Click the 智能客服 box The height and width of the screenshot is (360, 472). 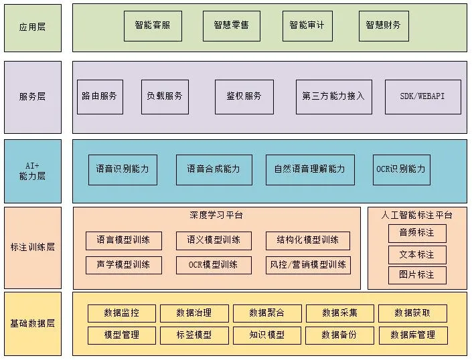(153, 25)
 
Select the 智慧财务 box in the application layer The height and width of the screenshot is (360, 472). (384, 25)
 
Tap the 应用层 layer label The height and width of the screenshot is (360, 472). (32, 27)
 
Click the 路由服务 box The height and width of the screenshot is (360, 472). (100, 96)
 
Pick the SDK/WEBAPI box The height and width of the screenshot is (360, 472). (422, 96)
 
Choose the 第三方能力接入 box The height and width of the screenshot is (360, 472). (333, 96)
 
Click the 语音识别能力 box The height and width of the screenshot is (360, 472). (123, 169)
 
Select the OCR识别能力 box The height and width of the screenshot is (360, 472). (401, 169)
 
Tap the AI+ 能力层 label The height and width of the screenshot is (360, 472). (32, 171)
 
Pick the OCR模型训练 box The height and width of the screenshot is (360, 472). (214, 264)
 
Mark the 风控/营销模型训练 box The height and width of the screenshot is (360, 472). (307, 264)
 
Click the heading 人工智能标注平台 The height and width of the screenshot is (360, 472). (416, 215)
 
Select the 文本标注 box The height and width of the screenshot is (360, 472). (417, 254)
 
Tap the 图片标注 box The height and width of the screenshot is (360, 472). (417, 275)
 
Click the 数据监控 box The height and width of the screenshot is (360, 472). (122, 313)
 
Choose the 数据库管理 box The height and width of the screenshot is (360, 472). (412, 335)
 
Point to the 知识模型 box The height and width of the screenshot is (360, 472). (267, 335)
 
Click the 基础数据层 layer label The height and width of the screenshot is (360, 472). (32, 323)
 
